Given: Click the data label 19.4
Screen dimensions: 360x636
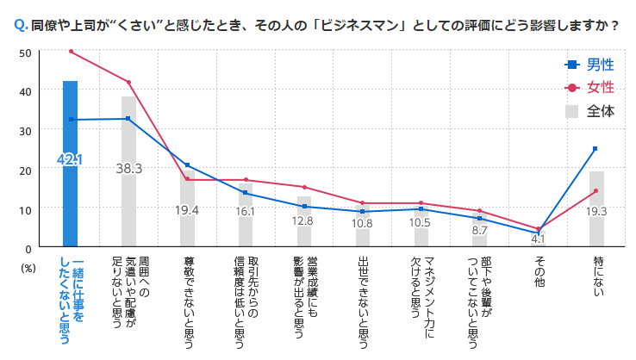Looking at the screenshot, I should click(x=187, y=210).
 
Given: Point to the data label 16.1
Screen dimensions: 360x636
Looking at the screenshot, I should click(x=246, y=211).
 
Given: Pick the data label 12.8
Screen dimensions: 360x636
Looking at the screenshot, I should click(x=304, y=220).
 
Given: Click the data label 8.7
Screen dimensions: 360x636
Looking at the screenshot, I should click(x=479, y=230).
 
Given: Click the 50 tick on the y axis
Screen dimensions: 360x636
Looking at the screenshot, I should click(x=25, y=52).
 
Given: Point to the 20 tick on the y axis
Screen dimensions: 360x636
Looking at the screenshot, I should click(x=25, y=170).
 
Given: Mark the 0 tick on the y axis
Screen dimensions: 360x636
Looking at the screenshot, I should click(x=28, y=248).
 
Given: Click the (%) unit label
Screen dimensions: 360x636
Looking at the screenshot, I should click(x=28, y=267).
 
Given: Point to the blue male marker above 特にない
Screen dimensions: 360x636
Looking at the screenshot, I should click(x=595, y=149).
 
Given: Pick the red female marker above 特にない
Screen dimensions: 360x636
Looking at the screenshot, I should click(x=595, y=191).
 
